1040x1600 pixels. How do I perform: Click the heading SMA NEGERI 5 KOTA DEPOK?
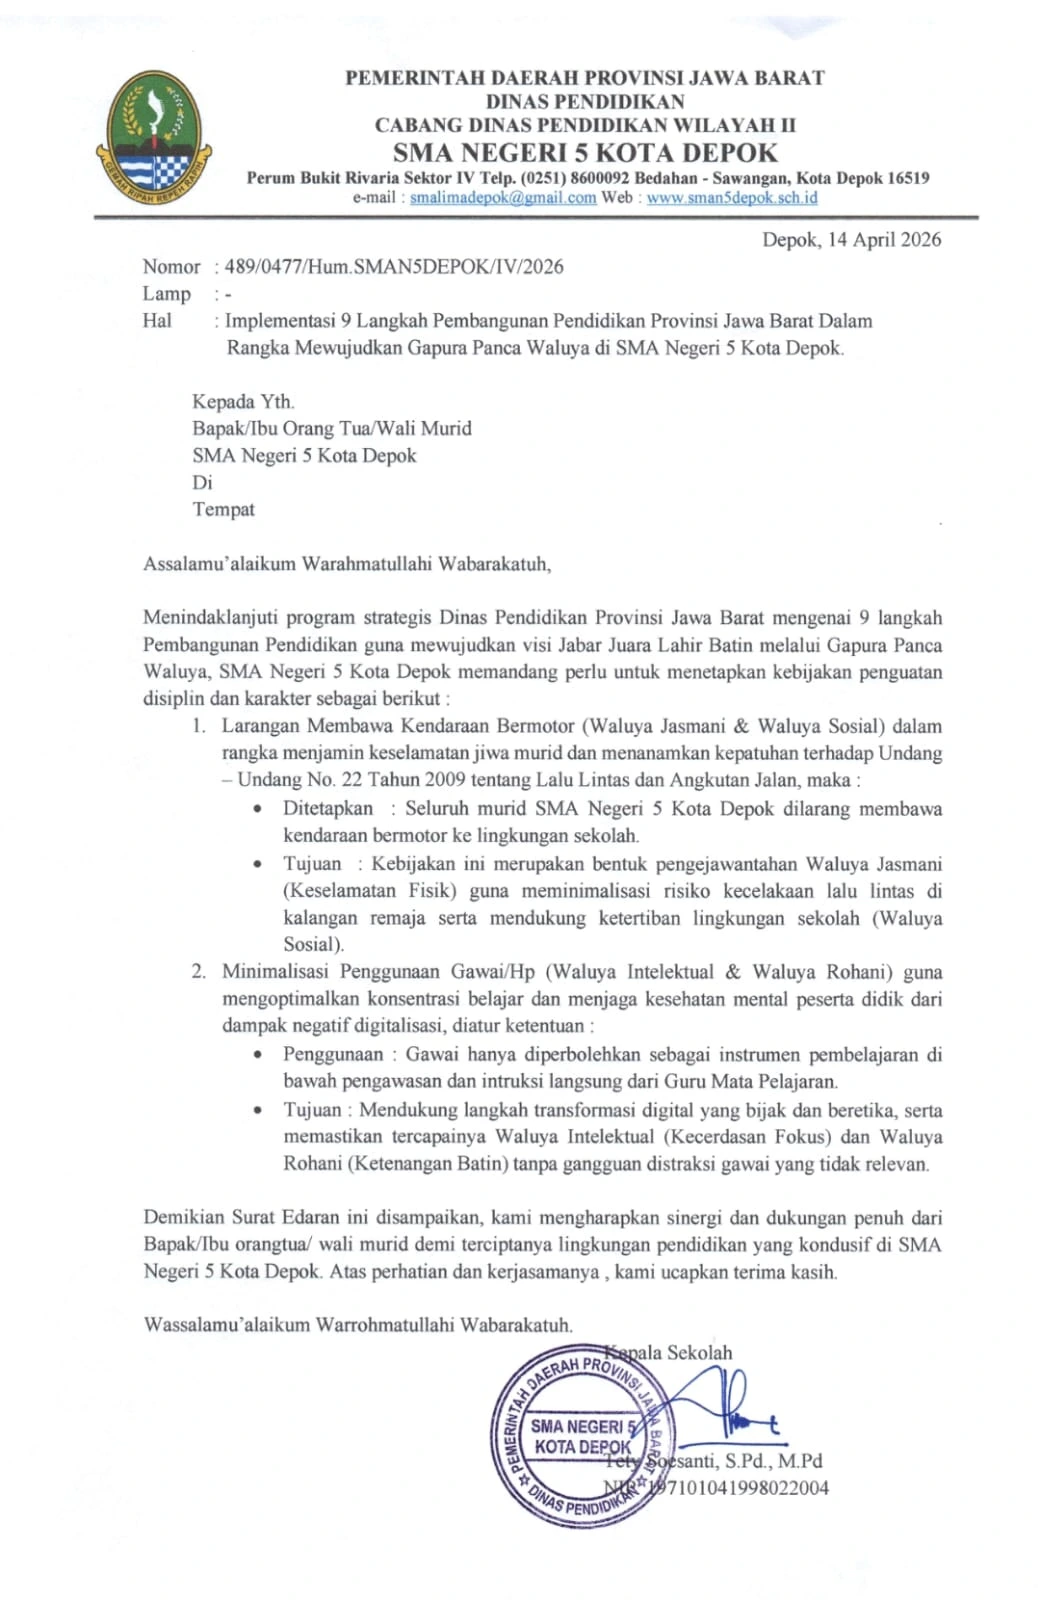click(x=585, y=153)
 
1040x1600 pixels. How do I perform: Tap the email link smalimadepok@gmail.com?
click(x=503, y=198)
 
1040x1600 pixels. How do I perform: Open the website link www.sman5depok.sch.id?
click(x=732, y=198)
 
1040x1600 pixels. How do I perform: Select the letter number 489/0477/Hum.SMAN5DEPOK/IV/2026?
click(x=394, y=267)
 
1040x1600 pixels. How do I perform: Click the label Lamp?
click(x=166, y=294)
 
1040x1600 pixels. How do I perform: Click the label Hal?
click(x=157, y=321)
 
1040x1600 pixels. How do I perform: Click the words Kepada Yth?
click(x=243, y=402)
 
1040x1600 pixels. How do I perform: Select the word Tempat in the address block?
click(x=223, y=510)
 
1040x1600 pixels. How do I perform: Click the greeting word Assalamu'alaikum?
click(x=220, y=564)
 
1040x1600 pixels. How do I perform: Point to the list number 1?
click(x=199, y=727)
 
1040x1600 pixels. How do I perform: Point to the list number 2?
click(x=199, y=972)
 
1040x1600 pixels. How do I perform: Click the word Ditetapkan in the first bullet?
click(x=328, y=809)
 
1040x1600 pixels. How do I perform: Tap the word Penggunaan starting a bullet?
click(x=333, y=1055)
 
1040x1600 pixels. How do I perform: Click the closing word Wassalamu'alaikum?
click(x=227, y=1326)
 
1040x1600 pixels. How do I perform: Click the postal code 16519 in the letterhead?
click(x=907, y=178)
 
